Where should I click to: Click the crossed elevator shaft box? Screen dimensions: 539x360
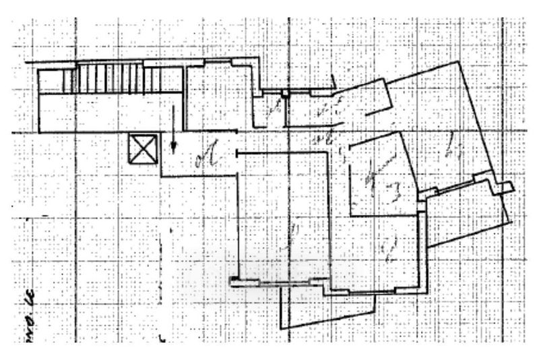[x=144, y=148]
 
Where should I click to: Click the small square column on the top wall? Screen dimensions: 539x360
[x=286, y=93]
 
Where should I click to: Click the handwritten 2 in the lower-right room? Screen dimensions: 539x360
[x=389, y=251]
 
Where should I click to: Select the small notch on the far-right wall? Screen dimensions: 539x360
[x=506, y=188]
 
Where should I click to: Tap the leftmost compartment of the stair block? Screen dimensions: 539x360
[x=51, y=82]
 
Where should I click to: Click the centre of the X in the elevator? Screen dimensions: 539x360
[x=144, y=148]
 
